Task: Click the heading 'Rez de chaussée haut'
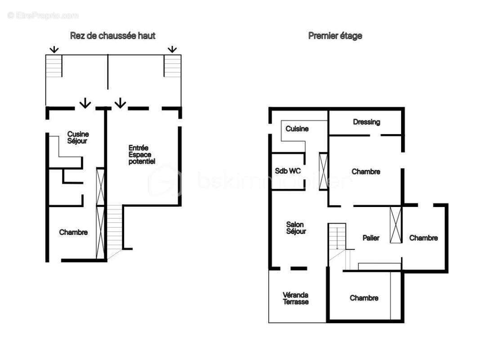[112, 36]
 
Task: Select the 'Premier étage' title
[335, 36]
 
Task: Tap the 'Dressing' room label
[366, 122]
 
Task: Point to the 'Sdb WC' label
[288, 171]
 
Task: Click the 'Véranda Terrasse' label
[295, 298]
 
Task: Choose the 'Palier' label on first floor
[371, 238]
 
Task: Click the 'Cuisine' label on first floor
[297, 129]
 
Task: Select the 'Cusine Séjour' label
[78, 137]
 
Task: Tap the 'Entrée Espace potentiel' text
[142, 154]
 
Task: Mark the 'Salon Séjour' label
[296, 228]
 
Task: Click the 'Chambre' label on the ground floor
[73, 232]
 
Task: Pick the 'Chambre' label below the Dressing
[366, 171]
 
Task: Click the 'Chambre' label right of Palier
[424, 238]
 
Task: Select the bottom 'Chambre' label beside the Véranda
[364, 298]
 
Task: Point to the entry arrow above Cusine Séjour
[84, 104]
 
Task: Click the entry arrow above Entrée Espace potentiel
[120, 103]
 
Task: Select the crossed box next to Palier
[396, 225]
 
